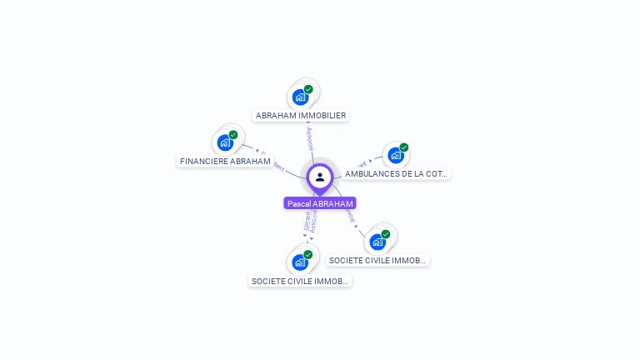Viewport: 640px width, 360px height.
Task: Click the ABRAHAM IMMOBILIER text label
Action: tap(301, 116)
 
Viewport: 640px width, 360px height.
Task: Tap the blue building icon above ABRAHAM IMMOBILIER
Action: tap(301, 97)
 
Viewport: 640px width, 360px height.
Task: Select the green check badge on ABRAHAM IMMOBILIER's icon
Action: tap(308, 89)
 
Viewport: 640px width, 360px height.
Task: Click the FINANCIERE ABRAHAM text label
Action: tap(225, 161)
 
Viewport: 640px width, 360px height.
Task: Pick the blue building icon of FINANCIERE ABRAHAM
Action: tap(225, 142)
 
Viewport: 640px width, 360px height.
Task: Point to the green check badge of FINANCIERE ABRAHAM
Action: tap(233, 135)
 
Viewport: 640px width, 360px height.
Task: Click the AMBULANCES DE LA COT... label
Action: tap(396, 174)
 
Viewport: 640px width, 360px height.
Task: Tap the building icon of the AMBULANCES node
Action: tap(396, 155)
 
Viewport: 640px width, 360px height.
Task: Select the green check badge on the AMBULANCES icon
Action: tap(404, 147)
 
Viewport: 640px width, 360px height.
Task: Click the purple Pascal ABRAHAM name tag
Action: tap(320, 203)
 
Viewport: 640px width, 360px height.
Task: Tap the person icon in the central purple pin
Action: tap(320, 177)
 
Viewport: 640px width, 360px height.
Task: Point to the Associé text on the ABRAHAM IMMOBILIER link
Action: tap(310, 138)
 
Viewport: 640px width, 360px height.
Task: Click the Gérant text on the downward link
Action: tap(307, 222)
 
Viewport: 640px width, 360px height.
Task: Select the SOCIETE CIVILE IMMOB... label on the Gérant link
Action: tap(301, 282)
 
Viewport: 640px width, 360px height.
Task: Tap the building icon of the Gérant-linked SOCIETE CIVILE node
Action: tap(301, 262)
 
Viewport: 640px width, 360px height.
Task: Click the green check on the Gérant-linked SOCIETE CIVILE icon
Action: tap(308, 254)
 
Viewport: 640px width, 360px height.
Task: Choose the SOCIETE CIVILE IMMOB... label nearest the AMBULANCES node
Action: tap(378, 261)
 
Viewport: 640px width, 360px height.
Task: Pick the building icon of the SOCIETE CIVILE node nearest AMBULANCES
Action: tap(377, 242)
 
